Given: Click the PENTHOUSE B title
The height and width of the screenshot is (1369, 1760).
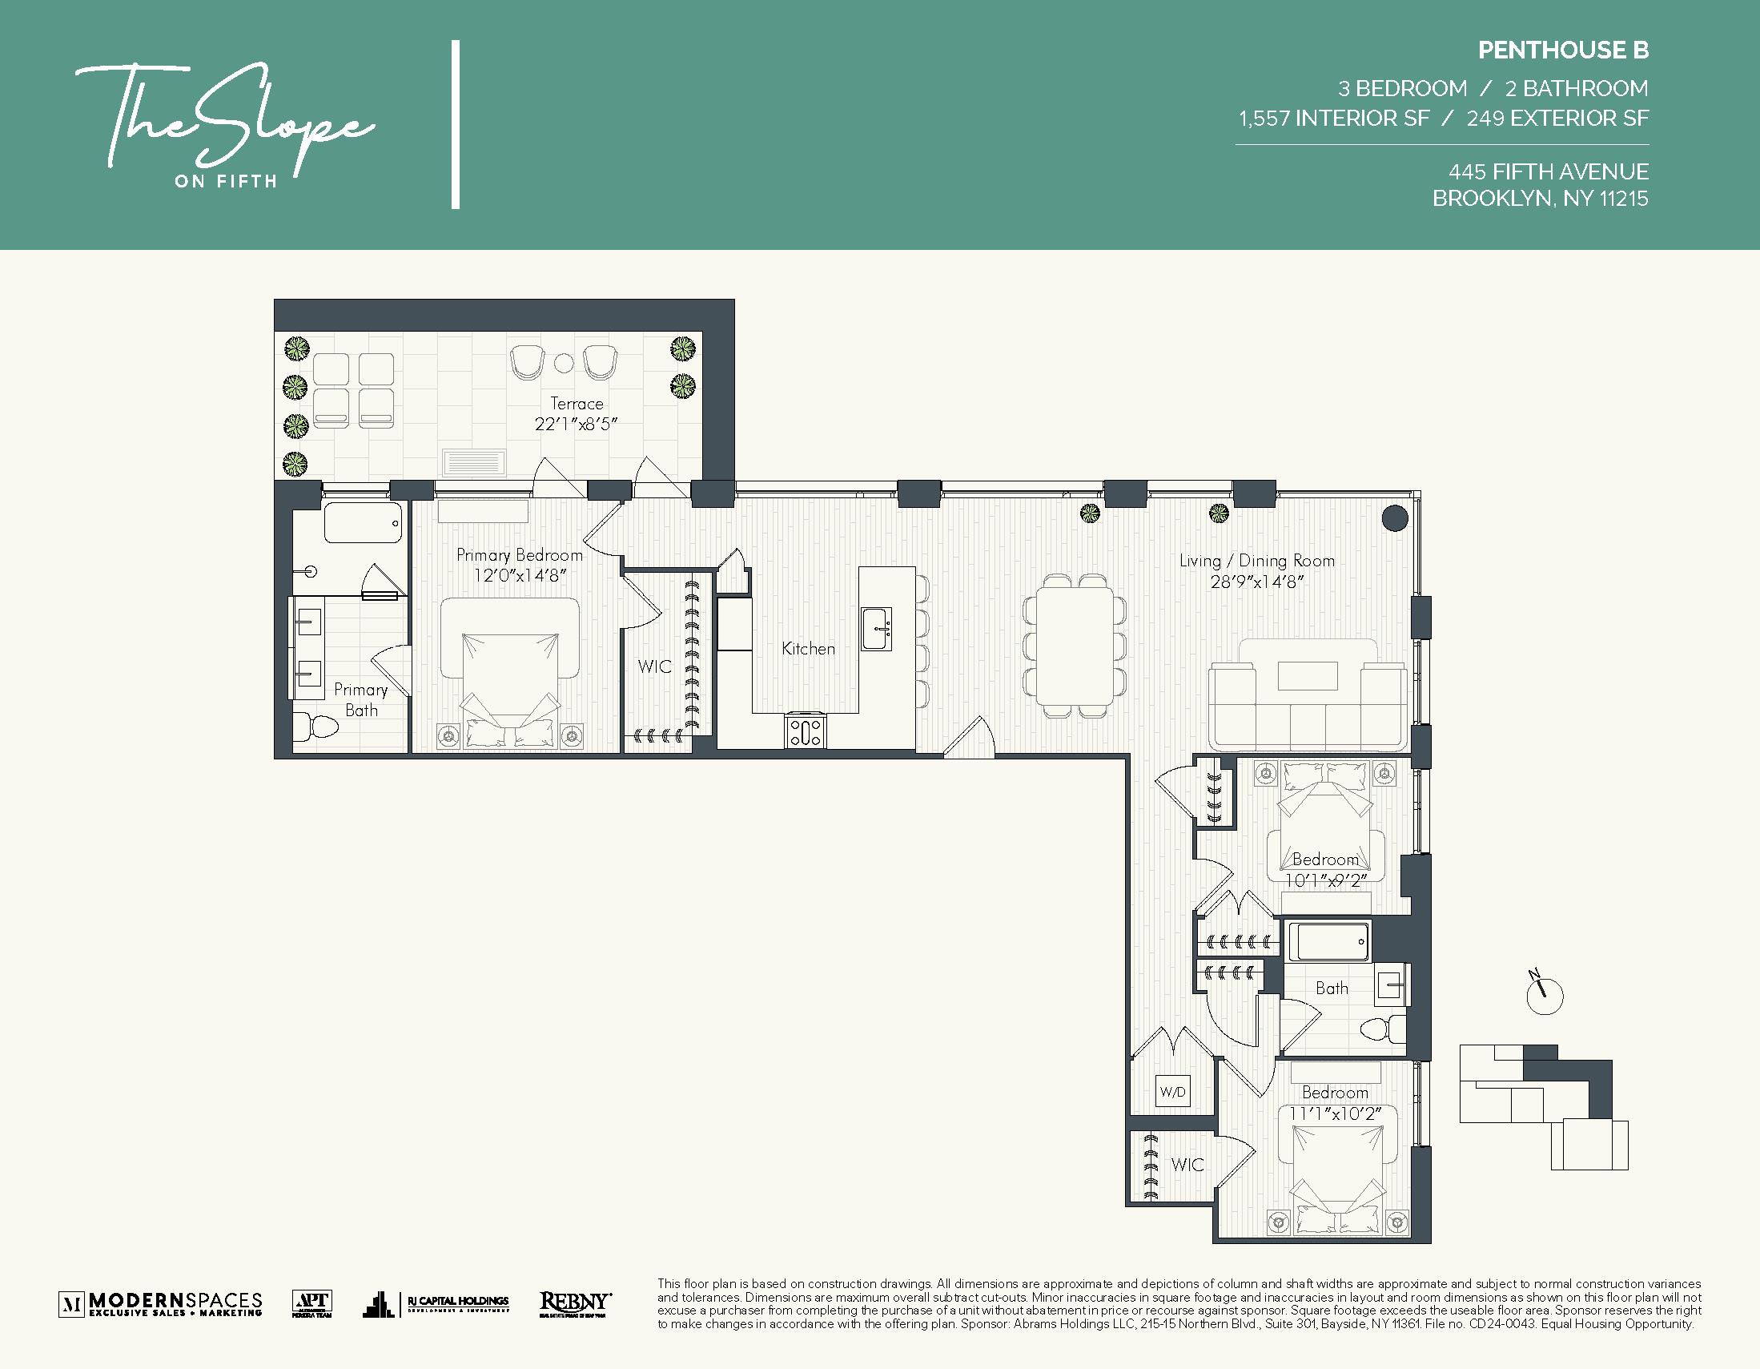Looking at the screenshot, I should pyautogui.click(x=1562, y=50).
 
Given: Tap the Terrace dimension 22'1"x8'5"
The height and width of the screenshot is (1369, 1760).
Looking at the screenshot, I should pyautogui.click(x=576, y=424).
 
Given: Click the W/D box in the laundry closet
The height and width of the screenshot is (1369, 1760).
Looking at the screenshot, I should pyautogui.click(x=1172, y=1093).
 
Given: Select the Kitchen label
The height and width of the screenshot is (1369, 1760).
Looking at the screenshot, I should pyautogui.click(x=807, y=648).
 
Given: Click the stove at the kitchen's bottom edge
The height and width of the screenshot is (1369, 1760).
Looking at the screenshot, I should pyautogui.click(x=805, y=732).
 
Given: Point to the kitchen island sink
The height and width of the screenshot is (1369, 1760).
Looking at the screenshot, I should pyautogui.click(x=876, y=629).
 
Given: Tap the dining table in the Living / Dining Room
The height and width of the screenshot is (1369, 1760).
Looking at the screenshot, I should pyautogui.click(x=1075, y=646).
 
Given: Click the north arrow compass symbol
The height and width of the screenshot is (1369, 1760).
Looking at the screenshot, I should pyautogui.click(x=1544, y=996).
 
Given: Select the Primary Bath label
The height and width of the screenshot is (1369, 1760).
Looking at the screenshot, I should pyautogui.click(x=360, y=699).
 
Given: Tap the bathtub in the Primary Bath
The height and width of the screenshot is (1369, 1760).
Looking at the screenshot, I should pyautogui.click(x=363, y=523).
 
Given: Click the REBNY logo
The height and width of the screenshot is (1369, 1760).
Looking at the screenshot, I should pyautogui.click(x=575, y=1303).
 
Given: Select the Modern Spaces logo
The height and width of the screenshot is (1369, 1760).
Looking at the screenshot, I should pyautogui.click(x=160, y=1303).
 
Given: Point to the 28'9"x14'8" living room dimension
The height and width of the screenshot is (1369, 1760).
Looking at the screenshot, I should pyautogui.click(x=1256, y=582).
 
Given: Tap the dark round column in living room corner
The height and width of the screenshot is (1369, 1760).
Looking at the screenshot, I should pyautogui.click(x=1394, y=517).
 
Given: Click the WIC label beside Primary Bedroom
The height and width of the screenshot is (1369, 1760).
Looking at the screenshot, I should pyautogui.click(x=654, y=666).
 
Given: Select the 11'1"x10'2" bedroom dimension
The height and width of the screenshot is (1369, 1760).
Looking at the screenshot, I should pyautogui.click(x=1335, y=1113).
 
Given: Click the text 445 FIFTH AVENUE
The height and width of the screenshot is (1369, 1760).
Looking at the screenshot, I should pyautogui.click(x=1548, y=171).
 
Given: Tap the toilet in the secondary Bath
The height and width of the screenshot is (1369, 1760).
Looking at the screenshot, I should pyautogui.click(x=1380, y=1029).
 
